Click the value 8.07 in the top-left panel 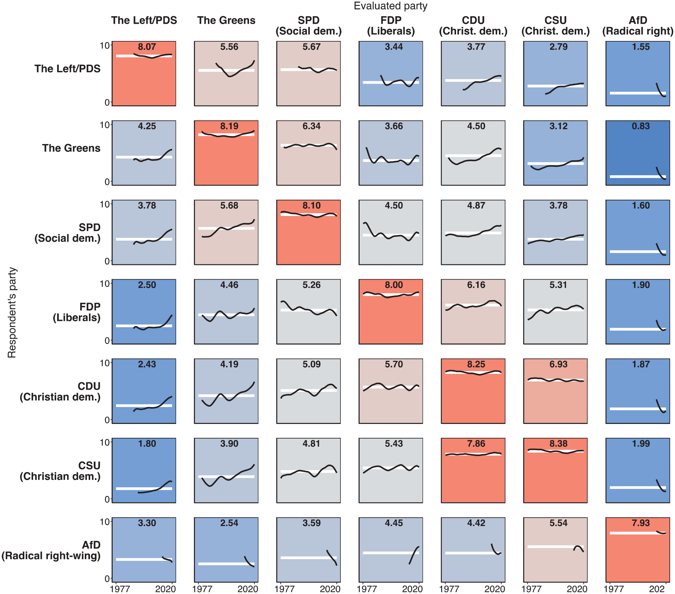(x=146, y=47)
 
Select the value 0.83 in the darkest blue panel (x=641, y=126)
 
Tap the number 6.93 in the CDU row (x=558, y=364)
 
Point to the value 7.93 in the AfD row (x=641, y=523)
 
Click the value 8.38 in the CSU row (x=558, y=443)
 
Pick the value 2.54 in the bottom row (x=229, y=523)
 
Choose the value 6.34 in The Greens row (x=312, y=126)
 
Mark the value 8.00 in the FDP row (x=394, y=285)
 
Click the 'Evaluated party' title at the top (x=390, y=6)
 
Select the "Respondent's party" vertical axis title (x=12, y=312)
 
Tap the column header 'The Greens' (x=226, y=20)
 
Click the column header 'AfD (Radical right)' (x=638, y=26)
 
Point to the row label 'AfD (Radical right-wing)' (x=51, y=550)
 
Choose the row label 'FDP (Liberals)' (x=77, y=312)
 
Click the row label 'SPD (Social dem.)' (x=68, y=233)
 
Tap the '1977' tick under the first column (x=120, y=589)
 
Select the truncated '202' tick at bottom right (x=657, y=589)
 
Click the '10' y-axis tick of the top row (x=105, y=45)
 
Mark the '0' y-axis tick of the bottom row (x=107, y=579)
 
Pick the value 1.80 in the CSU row (x=146, y=443)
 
